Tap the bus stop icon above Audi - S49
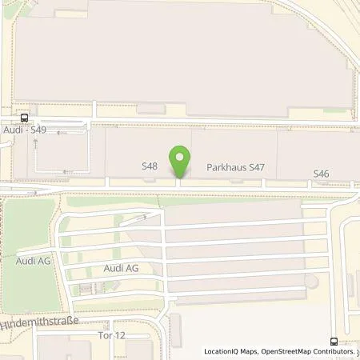point(25,117)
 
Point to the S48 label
point(149,167)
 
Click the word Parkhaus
point(224,170)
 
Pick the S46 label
point(321,173)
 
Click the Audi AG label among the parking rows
point(122,269)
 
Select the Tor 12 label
point(110,334)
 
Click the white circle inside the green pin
point(181,156)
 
